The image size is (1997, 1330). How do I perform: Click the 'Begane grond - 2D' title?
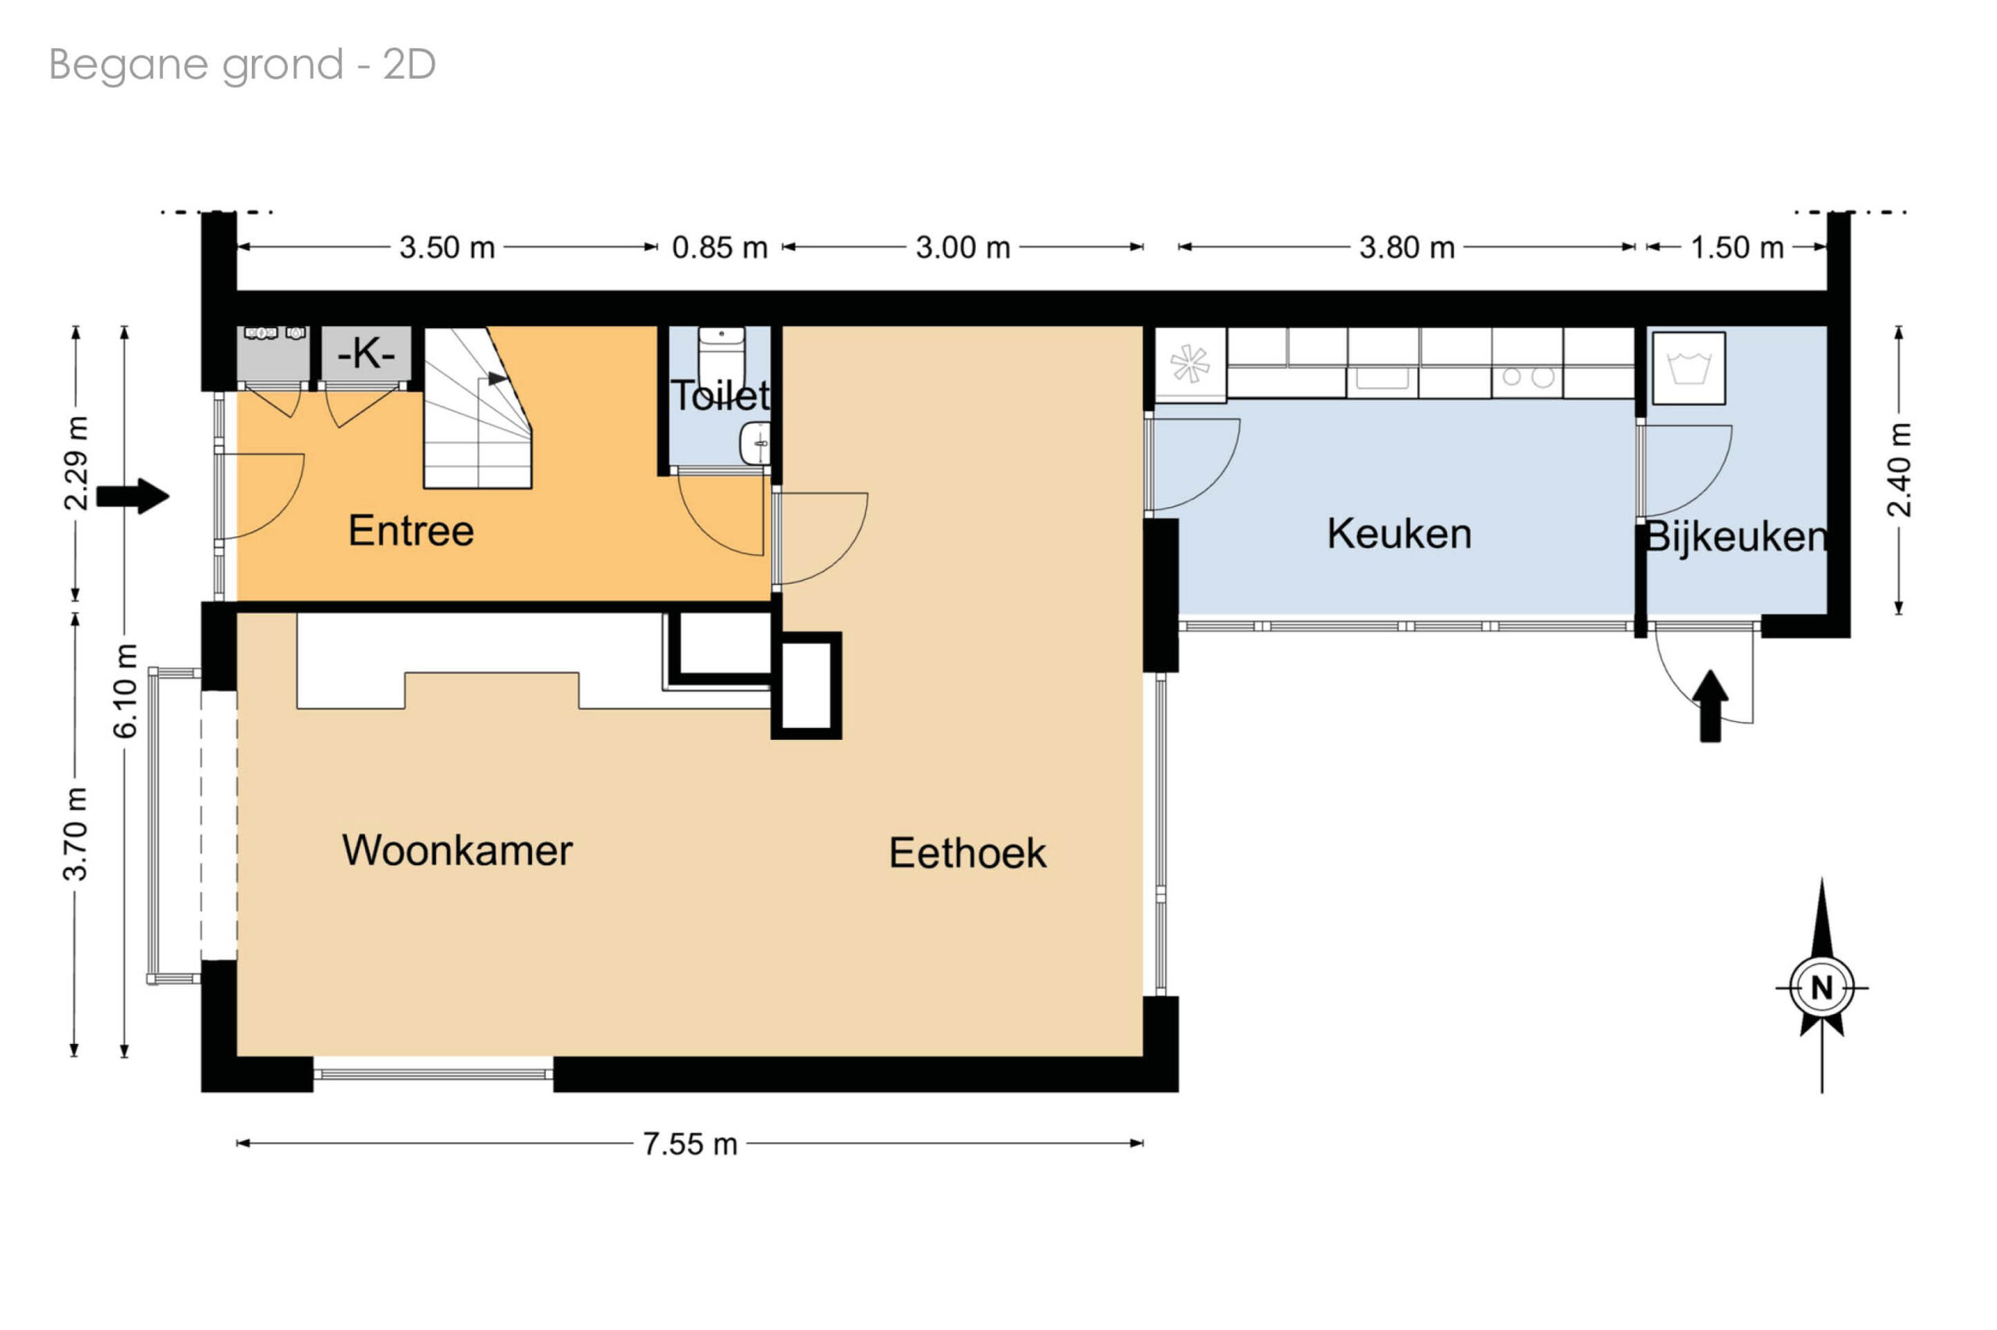(243, 65)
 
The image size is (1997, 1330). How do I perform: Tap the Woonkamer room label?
(457, 851)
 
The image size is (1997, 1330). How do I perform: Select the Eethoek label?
(967, 854)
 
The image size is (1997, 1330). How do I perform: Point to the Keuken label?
(1399, 534)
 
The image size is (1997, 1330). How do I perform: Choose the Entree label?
(412, 531)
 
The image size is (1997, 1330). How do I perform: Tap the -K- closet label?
(367, 353)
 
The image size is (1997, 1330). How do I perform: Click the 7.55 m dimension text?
(690, 1144)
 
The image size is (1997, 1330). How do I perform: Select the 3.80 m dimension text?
(1407, 248)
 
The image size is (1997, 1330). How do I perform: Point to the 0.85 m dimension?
(720, 248)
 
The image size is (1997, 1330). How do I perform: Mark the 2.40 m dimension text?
(1899, 470)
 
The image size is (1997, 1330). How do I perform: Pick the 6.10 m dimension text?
(126, 692)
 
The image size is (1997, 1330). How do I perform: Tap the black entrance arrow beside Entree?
(133, 496)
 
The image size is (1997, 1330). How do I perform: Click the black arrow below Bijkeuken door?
(1710, 706)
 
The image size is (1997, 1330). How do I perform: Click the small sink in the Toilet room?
(755, 444)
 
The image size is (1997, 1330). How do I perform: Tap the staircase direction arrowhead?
(498, 378)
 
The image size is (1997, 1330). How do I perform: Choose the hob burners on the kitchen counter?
(1527, 377)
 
